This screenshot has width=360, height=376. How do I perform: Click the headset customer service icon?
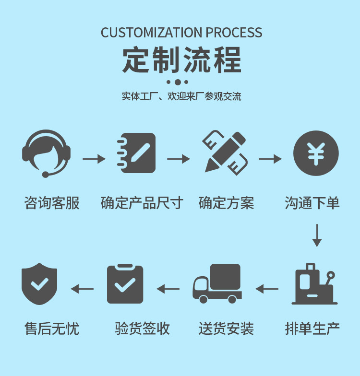point(46,153)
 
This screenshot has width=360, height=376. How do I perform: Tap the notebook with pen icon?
point(136,153)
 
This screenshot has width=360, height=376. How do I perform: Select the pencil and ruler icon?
point(225,153)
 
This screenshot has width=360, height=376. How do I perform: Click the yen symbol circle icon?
point(316,153)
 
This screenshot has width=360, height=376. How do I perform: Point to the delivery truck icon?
point(217,284)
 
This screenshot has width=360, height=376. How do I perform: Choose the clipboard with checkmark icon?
point(125,284)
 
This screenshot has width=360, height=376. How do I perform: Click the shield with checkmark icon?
point(39,284)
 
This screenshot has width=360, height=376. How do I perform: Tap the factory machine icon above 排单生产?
point(315,284)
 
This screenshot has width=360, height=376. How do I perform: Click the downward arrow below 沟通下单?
point(316,235)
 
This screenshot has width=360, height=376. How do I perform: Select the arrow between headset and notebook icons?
point(94,159)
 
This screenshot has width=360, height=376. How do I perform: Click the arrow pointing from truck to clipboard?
point(168,289)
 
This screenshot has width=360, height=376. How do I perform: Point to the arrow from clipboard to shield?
point(82,289)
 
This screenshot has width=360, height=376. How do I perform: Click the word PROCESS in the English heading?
point(234,33)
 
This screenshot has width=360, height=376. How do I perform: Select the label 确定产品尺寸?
point(142,203)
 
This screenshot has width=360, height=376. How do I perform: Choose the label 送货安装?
point(226,329)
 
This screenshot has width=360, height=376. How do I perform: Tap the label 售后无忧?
point(52,329)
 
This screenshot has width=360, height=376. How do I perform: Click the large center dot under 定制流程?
point(178,82)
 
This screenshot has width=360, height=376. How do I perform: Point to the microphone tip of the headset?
point(45,175)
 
